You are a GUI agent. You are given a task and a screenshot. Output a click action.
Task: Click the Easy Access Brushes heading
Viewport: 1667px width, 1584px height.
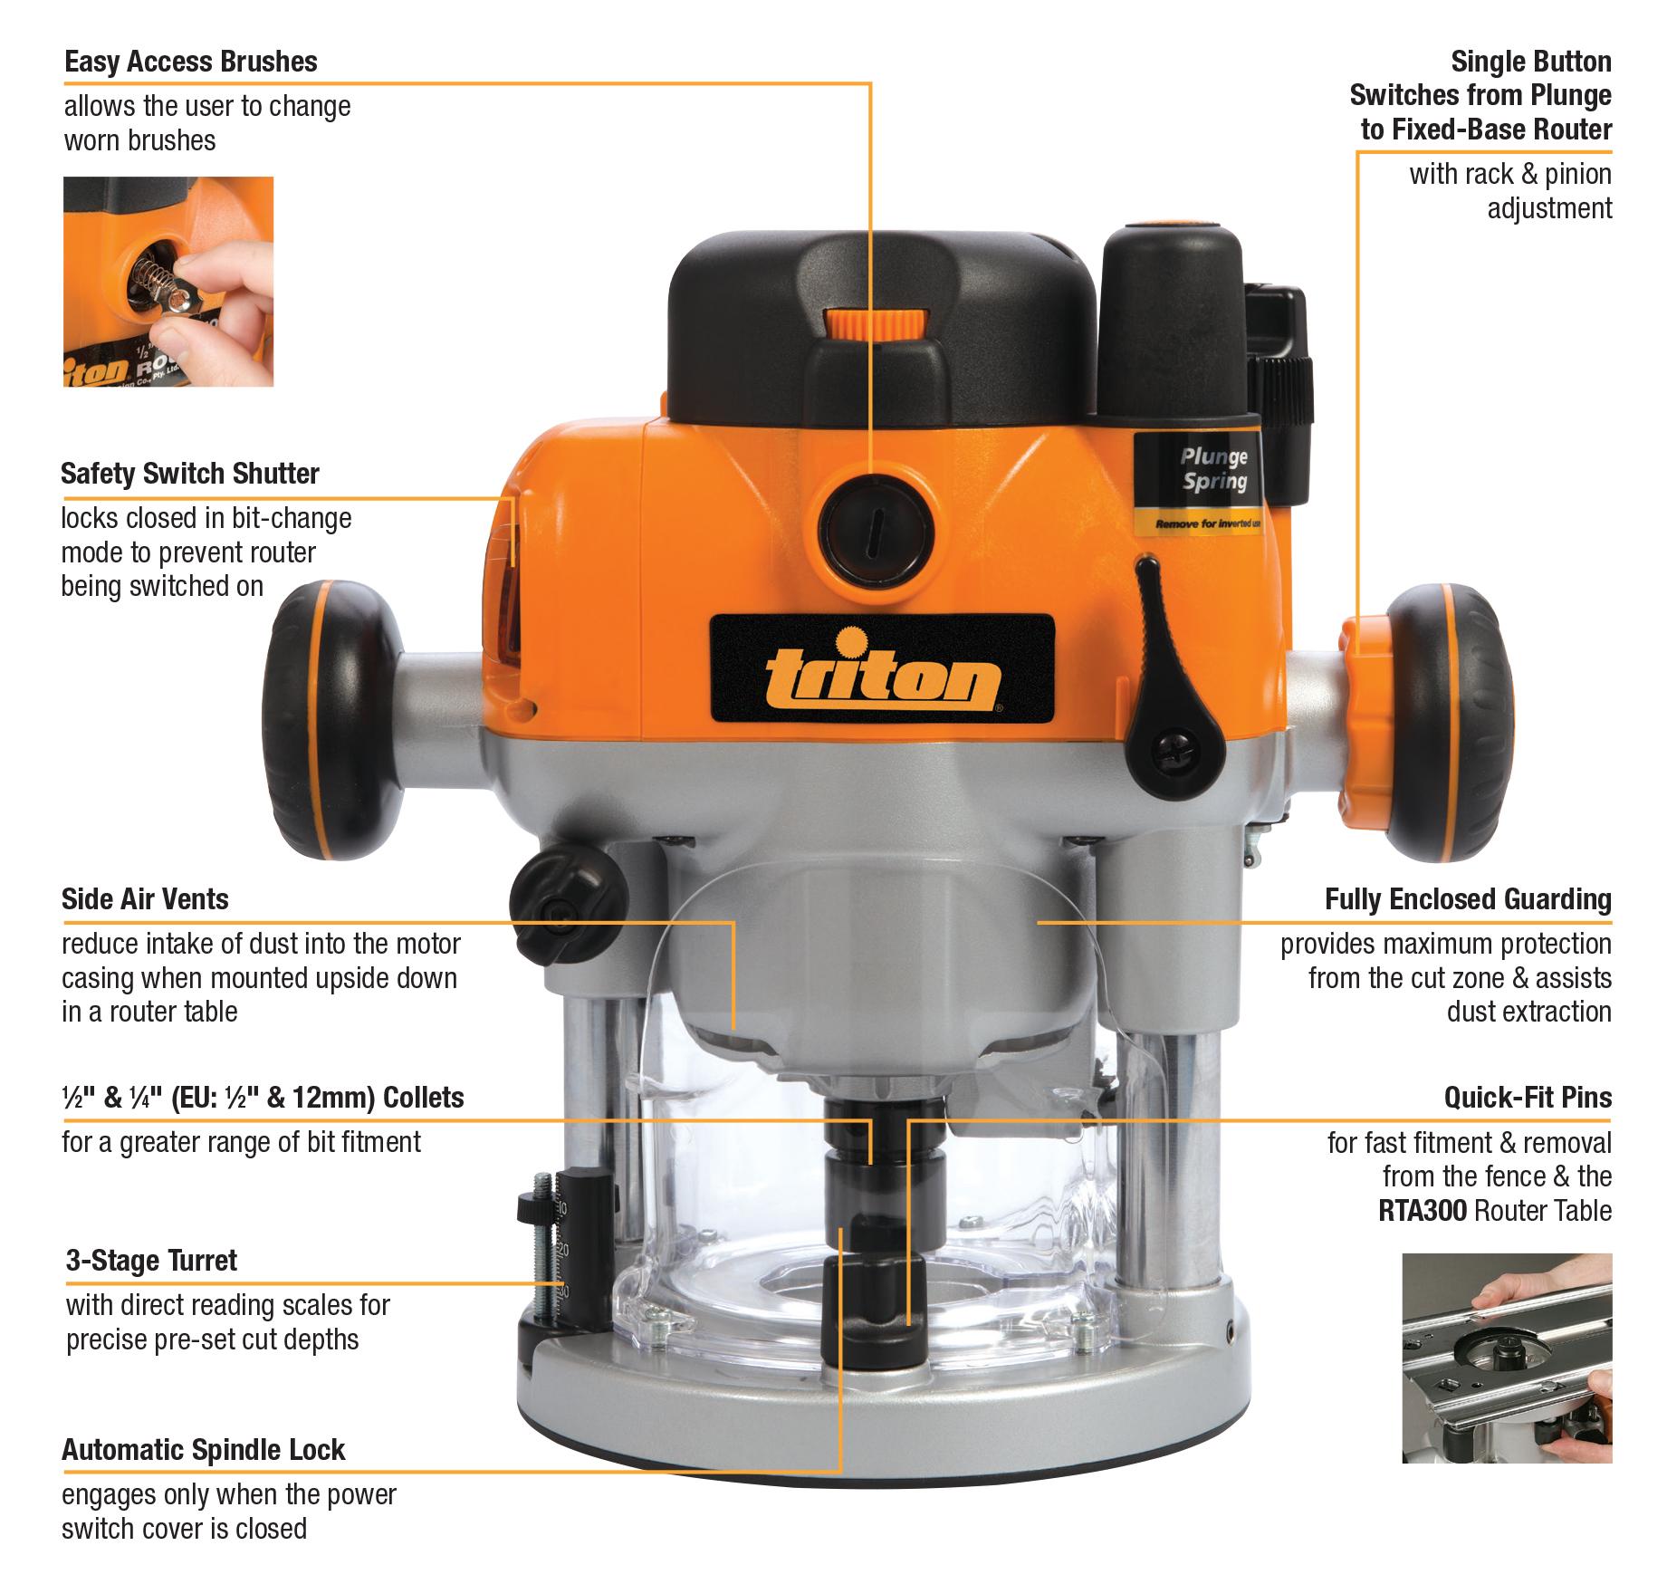pos(191,62)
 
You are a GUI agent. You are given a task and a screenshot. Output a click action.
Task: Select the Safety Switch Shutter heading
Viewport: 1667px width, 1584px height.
pos(190,474)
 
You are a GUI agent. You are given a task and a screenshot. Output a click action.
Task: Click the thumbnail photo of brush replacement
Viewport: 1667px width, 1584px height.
pos(168,282)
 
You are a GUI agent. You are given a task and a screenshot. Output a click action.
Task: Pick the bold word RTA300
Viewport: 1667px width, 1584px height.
pos(1422,1211)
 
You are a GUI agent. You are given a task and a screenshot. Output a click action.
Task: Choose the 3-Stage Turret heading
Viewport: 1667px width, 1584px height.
pos(151,1261)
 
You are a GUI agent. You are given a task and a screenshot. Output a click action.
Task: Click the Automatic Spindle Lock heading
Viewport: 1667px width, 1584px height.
pos(203,1450)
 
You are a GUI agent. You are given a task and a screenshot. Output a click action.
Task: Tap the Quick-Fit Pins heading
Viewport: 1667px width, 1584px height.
pos(1528,1098)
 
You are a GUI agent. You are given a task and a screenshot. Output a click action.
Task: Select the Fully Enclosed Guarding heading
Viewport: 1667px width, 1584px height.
pos(1468,899)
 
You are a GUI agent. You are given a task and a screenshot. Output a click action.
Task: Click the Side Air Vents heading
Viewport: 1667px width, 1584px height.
pos(145,899)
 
